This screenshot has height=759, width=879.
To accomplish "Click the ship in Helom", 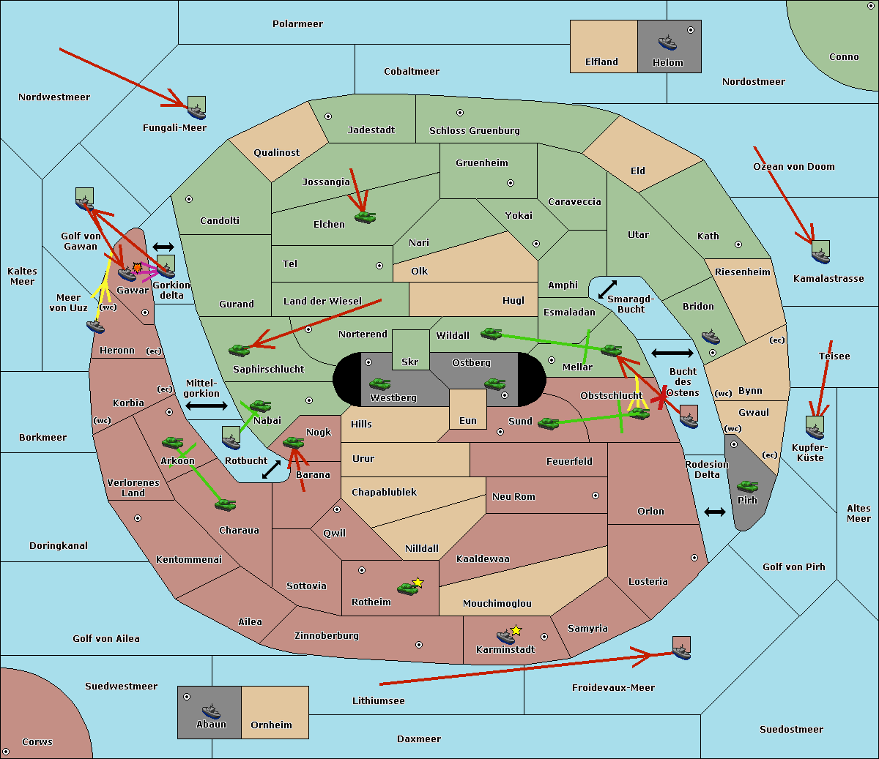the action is coord(667,42).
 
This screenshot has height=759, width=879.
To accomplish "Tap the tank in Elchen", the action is coord(366,217).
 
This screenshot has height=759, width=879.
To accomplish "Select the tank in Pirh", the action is coord(747,486).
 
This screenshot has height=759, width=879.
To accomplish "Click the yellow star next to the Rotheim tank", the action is coord(418,583).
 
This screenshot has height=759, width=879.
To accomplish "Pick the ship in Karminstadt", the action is coord(505,636).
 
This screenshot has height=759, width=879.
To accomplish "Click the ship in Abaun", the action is coord(211,711).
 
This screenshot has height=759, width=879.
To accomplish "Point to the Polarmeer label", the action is coord(297,24).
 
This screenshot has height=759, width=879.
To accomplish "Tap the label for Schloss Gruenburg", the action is coord(475,130).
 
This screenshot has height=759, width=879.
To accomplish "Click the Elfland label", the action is coord(601,62).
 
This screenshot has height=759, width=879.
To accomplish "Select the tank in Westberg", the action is coord(379,384).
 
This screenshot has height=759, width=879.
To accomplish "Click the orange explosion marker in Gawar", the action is coord(137,267).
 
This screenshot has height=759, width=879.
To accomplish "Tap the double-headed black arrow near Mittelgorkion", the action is coord(207,405).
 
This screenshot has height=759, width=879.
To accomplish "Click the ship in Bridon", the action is coord(711,337).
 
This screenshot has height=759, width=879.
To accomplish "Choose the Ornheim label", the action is coord(271,725).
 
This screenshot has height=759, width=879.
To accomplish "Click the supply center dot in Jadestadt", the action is coord(328,116).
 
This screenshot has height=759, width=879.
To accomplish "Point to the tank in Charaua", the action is coord(225,505).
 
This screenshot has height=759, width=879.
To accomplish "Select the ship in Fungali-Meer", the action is coord(196,111).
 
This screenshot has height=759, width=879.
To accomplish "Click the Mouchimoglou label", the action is coord(497,603).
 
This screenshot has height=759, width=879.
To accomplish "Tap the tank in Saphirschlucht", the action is coord(239,350).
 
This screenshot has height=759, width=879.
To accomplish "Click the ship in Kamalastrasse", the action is coord(820,256).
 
